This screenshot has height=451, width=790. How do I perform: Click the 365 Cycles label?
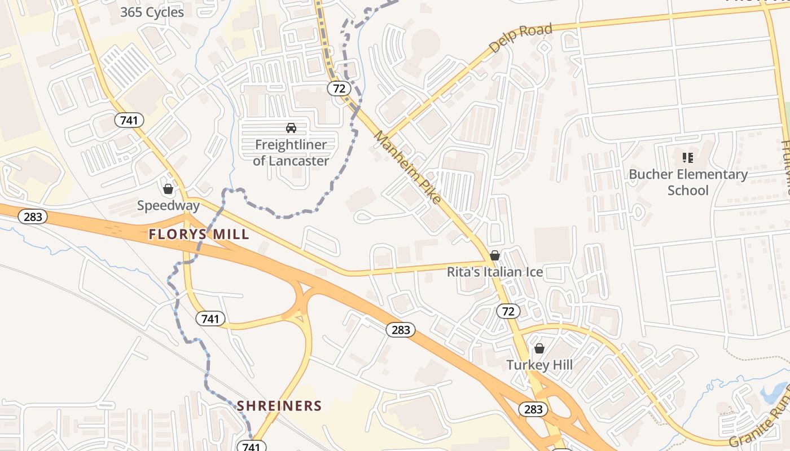click(x=152, y=12)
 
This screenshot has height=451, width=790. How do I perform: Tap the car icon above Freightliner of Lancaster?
click(x=291, y=128)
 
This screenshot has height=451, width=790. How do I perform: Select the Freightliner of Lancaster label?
click(x=291, y=153)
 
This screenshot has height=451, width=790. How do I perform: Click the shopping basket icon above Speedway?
click(x=168, y=189)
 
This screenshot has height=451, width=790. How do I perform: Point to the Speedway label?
click(x=168, y=205)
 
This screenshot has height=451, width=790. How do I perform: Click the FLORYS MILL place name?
click(x=199, y=235)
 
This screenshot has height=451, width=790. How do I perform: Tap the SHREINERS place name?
click(x=279, y=406)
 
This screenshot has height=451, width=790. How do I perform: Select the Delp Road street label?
click(x=520, y=38)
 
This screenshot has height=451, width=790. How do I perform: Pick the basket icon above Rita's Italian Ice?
click(x=495, y=256)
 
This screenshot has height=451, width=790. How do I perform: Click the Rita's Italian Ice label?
click(x=495, y=272)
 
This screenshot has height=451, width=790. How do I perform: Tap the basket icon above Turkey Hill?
click(x=539, y=348)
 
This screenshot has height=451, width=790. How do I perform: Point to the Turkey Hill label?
click(x=539, y=365)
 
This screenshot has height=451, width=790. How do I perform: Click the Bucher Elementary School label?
click(x=688, y=182)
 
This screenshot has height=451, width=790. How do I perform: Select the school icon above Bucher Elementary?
click(x=687, y=158)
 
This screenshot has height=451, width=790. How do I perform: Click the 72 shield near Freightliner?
click(x=339, y=88)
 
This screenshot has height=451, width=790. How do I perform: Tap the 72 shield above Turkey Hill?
click(x=508, y=311)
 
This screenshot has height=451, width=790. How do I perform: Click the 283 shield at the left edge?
click(x=33, y=216)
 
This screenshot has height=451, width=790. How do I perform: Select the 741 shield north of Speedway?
click(x=129, y=120)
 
